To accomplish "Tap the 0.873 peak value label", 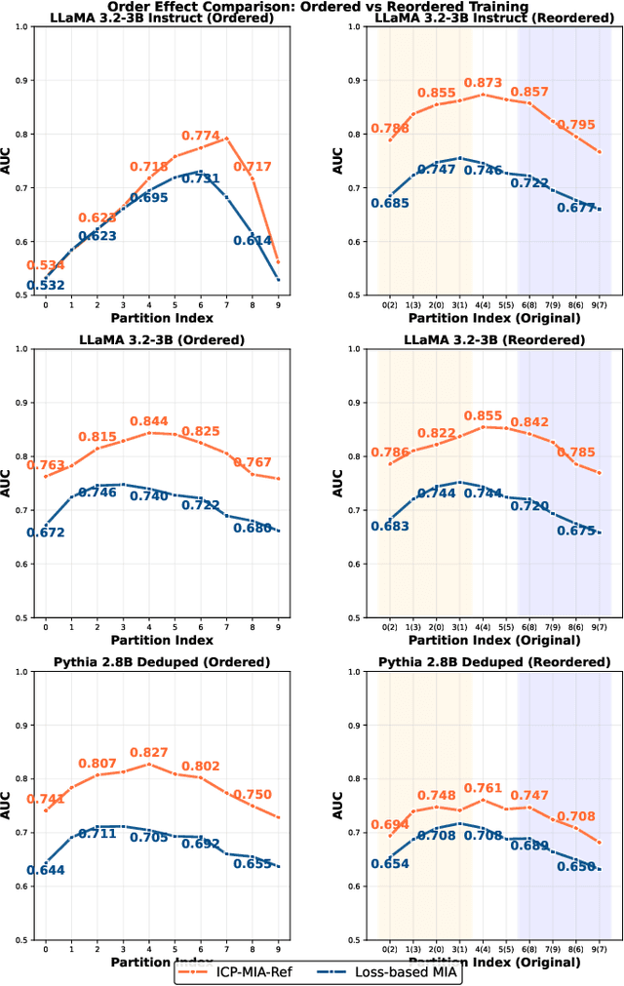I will [483, 84].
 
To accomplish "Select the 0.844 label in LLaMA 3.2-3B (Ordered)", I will [149, 421].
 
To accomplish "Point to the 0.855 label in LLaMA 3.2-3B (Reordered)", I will [483, 415].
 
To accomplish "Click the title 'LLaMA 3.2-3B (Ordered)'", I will [160, 339].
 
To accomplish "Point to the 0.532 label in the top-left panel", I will [46, 286].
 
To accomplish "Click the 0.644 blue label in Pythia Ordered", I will [46, 870].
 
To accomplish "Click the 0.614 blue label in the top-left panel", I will [252, 241].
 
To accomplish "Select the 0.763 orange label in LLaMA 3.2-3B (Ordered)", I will [46, 465].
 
